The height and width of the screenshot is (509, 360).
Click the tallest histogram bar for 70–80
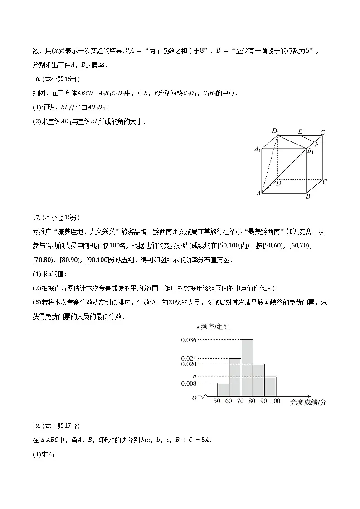pos(247,368)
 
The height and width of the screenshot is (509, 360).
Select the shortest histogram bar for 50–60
pos(223,390)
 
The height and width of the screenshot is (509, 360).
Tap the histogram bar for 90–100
pos(270,387)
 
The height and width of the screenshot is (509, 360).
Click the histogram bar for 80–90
pos(258,380)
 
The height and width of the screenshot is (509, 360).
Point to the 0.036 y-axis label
pos(188,340)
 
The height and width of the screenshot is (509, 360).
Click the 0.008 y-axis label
pos(188,383)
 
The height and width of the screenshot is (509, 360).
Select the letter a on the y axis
pos(194,376)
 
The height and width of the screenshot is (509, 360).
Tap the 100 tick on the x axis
pos(275,401)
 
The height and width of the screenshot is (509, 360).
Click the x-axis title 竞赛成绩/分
pos(308,402)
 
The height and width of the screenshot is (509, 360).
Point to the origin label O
pos(194,398)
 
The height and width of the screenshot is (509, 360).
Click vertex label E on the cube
pos(300,132)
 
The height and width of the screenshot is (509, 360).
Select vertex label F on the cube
pos(316,144)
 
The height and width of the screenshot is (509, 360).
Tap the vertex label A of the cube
pos(258,194)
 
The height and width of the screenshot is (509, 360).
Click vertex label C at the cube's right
pos(324,182)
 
